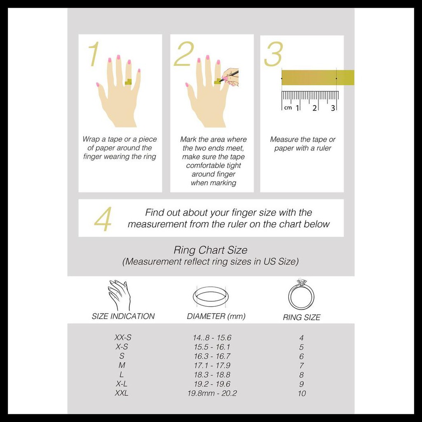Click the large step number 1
point(94,54)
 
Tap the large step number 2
point(184,54)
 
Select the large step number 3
point(274,54)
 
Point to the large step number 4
point(103,219)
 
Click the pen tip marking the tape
point(219,81)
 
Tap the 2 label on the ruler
point(314,108)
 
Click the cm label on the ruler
point(288,108)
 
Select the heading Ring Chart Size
point(211,250)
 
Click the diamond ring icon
point(301,294)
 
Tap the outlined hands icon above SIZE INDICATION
point(119,295)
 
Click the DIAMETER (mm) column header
point(216,316)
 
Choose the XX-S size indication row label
point(123,338)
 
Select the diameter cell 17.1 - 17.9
point(212,366)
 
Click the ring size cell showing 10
point(302,394)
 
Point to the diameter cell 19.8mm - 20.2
point(212,394)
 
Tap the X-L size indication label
point(122,384)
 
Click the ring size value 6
point(301,356)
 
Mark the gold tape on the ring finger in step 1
point(129,82)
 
